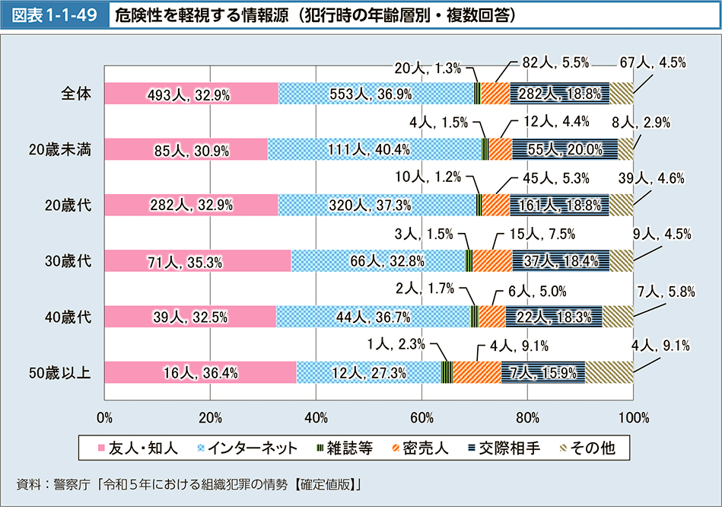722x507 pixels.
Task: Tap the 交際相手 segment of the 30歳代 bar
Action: (561, 261)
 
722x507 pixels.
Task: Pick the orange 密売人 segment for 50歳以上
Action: (476, 372)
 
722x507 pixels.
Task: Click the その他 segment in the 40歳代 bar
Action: (617, 317)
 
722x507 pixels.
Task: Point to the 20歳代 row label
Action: (68, 206)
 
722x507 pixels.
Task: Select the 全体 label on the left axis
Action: (76, 94)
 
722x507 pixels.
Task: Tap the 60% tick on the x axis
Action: (421, 417)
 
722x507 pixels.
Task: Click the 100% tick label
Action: (633, 417)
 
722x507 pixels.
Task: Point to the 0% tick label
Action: (105, 417)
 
